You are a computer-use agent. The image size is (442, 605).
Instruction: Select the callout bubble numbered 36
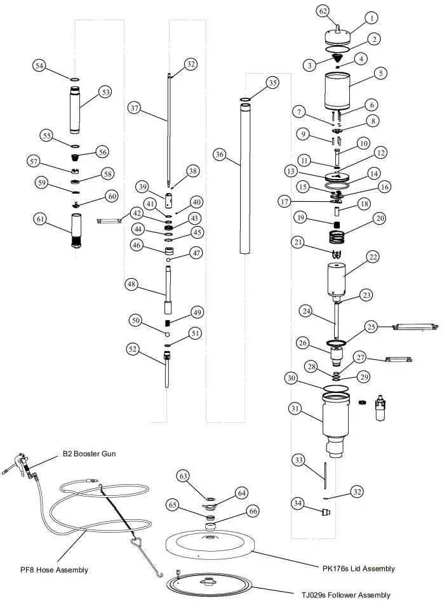click(x=220, y=154)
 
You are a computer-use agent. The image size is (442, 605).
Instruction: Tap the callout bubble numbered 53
click(x=105, y=93)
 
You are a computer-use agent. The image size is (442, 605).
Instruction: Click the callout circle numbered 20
click(x=380, y=218)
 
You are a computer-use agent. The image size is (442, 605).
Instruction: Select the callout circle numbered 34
click(x=298, y=503)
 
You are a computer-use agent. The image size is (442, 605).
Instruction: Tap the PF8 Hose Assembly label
click(x=54, y=569)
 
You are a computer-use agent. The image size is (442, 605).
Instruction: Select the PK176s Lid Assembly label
click(x=357, y=568)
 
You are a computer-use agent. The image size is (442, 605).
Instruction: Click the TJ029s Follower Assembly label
click(x=346, y=595)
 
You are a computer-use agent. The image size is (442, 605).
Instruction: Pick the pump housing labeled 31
click(x=336, y=419)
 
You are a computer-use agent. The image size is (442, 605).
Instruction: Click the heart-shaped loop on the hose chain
click(x=137, y=544)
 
